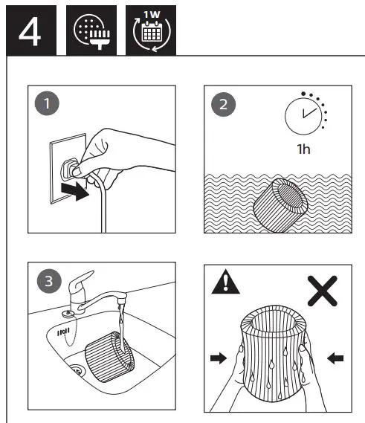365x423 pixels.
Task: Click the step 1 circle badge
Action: (50, 105)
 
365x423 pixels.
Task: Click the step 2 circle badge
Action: (221, 105)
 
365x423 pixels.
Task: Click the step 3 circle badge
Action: (50, 281)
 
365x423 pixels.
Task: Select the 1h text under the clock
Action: (303, 149)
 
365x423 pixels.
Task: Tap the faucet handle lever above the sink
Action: (77, 285)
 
